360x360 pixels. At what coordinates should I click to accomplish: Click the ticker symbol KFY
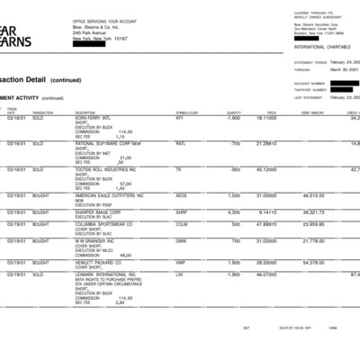[179, 118]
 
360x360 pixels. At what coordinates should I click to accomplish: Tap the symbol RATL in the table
[181, 143]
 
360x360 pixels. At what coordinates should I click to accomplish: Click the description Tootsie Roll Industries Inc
[107, 169]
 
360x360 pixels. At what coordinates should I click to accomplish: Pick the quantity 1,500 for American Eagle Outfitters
[234, 194]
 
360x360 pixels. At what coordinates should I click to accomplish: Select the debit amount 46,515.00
[313, 194]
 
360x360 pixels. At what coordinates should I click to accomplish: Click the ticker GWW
[181, 240]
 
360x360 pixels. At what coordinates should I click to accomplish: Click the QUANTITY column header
[233, 112]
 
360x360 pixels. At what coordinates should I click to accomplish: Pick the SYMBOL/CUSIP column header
[186, 112]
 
